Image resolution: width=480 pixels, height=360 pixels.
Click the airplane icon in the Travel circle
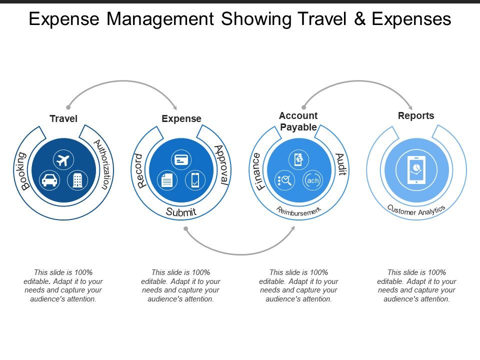pyautogui.click(x=63, y=160)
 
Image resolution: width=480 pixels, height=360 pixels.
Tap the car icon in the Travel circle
pyautogui.click(x=49, y=179)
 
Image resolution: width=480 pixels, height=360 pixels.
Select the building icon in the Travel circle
pyautogui.click(x=77, y=179)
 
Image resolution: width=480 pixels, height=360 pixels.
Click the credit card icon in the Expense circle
pyautogui.click(x=180, y=160)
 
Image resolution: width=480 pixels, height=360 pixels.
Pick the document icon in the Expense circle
pyautogui.click(x=166, y=180)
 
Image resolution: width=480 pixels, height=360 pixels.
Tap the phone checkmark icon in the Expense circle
pyautogui.click(x=194, y=180)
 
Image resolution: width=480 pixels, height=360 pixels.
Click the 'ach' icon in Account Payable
pyautogui.click(x=312, y=180)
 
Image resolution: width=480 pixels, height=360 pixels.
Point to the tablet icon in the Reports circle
pyautogui.click(x=416, y=170)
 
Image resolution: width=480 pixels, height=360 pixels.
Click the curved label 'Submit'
pyautogui.click(x=181, y=212)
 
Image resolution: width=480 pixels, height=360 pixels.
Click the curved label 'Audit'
pyautogui.click(x=340, y=164)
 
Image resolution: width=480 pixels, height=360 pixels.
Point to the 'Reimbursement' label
pyautogui.click(x=298, y=211)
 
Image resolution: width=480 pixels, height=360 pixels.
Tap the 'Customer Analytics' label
pyautogui.click(x=416, y=210)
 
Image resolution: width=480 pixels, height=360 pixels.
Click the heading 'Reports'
pyautogui.click(x=416, y=115)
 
